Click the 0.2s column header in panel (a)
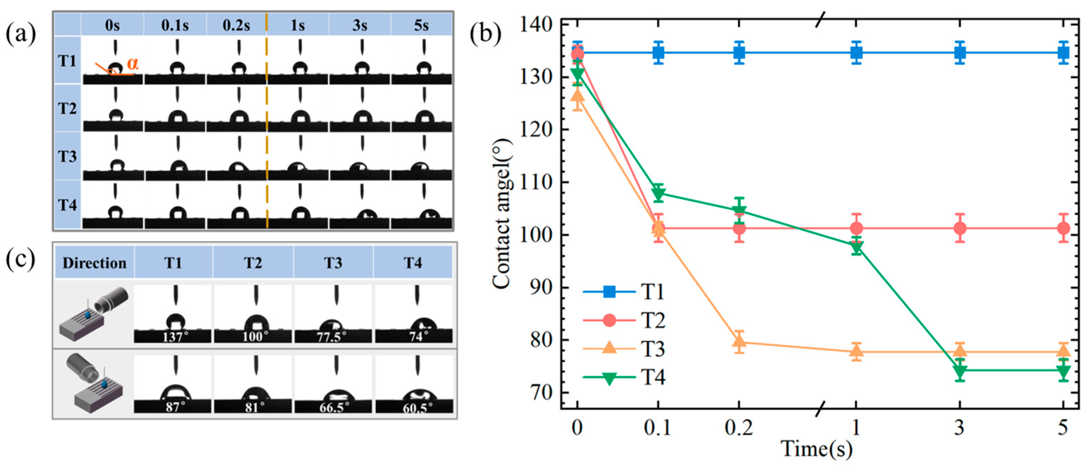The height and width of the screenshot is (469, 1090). pyautogui.click(x=236, y=26)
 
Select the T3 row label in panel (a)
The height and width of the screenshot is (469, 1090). pyautogui.click(x=67, y=157)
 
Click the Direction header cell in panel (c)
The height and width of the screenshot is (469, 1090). pyautogui.click(x=94, y=263)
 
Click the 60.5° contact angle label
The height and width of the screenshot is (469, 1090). pyautogui.click(x=417, y=408)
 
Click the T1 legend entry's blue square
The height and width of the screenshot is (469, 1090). pyautogui.click(x=609, y=292)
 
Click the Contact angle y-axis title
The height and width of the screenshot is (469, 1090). pyautogui.click(x=502, y=214)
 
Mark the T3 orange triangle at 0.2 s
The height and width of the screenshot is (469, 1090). pyautogui.click(x=739, y=341)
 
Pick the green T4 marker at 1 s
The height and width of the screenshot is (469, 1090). pyautogui.click(x=856, y=247)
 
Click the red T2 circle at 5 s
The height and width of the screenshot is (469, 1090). pyautogui.click(x=1063, y=228)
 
